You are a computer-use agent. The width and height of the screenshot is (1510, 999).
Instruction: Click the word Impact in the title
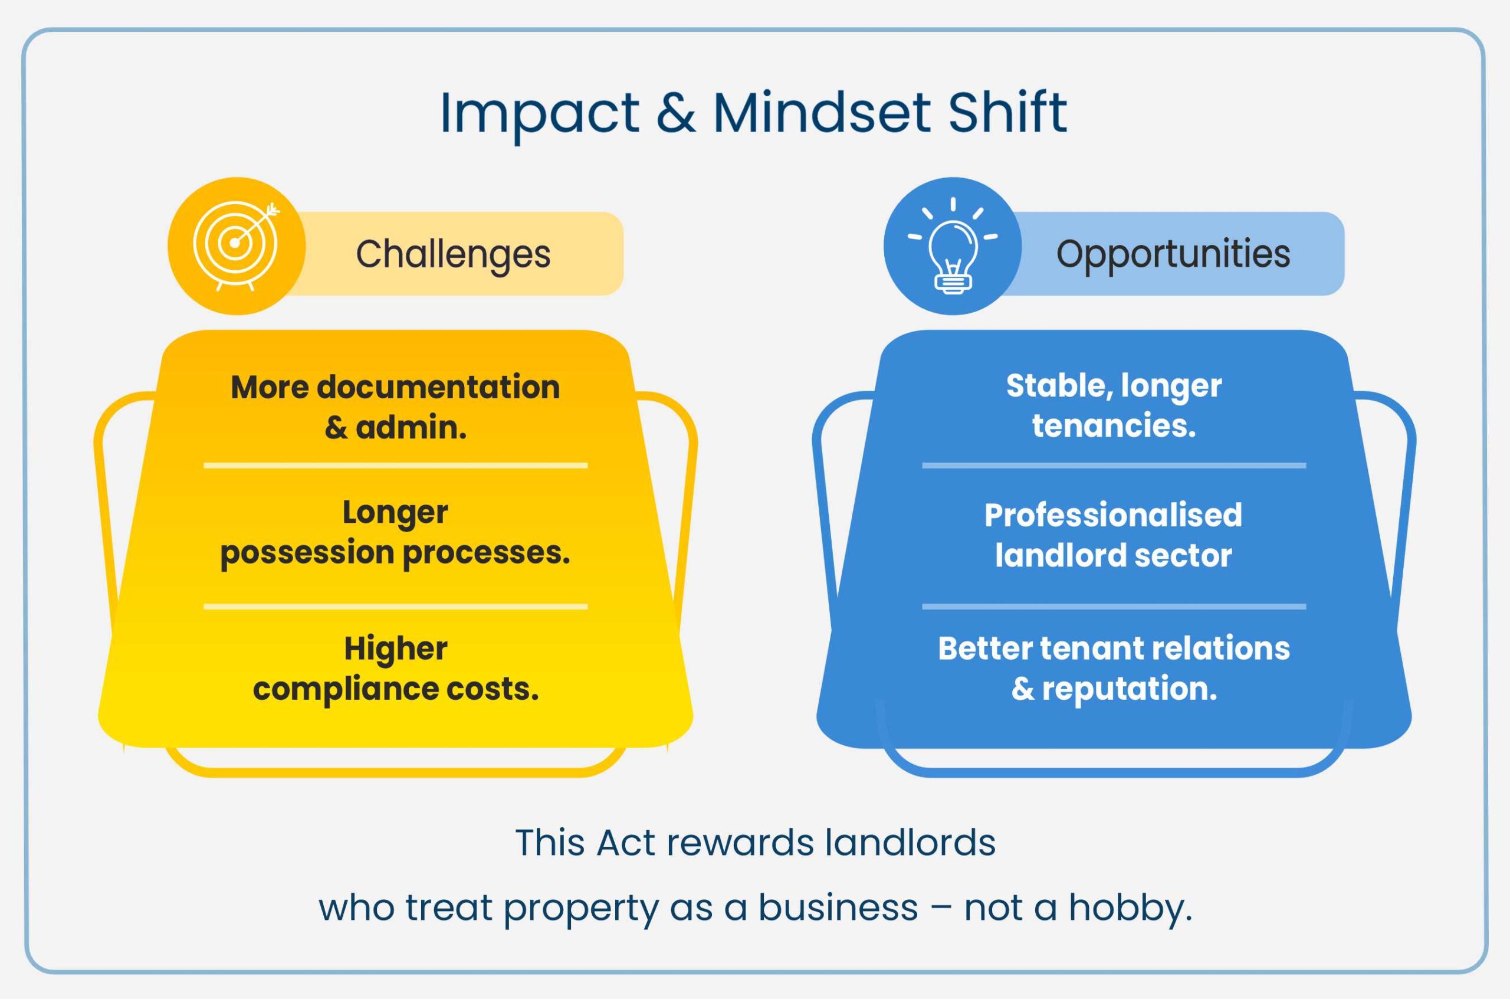pos(539,113)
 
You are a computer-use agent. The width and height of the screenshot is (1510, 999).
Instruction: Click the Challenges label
pos(453,254)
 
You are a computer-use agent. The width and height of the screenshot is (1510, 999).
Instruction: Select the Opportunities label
pos(1173,254)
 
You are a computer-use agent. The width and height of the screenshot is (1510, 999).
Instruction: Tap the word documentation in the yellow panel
pos(438,387)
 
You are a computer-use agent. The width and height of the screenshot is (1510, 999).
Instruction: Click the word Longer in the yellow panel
pos(395,512)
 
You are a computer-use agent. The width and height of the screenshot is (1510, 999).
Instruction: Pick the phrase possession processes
pos(395,552)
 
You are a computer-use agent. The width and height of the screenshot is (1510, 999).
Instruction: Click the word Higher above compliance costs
pos(396,648)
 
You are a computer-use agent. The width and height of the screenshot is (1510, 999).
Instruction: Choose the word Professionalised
pos(1113,515)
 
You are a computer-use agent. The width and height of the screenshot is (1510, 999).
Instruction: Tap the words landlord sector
pos(1113,555)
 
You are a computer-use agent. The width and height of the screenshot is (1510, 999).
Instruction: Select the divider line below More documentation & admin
pos(395,466)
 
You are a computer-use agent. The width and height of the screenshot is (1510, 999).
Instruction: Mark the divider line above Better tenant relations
pos(1113,607)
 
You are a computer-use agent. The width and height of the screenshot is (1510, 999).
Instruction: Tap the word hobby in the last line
pos(1129,908)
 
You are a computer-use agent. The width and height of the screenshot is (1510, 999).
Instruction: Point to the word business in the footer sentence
pos(838,908)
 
